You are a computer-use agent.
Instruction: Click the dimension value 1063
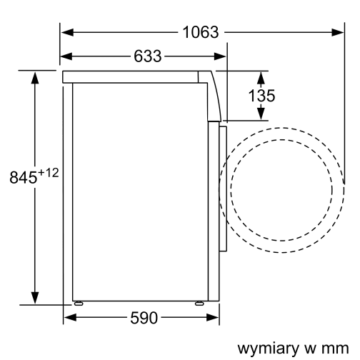[200, 31]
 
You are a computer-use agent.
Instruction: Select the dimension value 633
[146, 56]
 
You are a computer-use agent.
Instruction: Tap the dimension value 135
[262, 95]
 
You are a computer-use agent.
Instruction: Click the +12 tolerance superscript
[48, 172]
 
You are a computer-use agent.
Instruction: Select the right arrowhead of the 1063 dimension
[339, 31]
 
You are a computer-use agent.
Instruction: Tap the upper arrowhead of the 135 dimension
[261, 76]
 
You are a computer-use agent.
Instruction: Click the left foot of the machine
[78, 303]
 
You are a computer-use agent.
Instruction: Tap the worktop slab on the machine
[132, 75]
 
